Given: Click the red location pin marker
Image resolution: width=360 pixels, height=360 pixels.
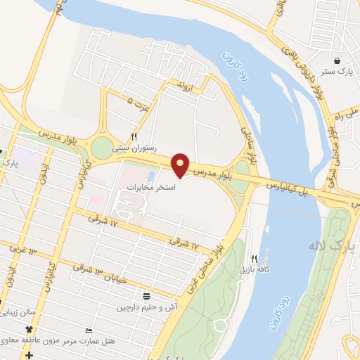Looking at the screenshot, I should tap(181, 165).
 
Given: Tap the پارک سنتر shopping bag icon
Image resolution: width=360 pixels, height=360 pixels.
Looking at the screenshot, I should tap(338, 61).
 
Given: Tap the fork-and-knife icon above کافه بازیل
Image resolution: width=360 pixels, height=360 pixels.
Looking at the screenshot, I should tap(255, 258).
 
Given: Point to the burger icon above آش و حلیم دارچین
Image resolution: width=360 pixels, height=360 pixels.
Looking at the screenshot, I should tap(146, 295).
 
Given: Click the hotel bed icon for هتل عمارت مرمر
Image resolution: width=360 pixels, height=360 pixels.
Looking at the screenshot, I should tap(88, 330).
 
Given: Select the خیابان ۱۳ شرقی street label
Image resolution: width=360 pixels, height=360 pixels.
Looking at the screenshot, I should tap(106, 274).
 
